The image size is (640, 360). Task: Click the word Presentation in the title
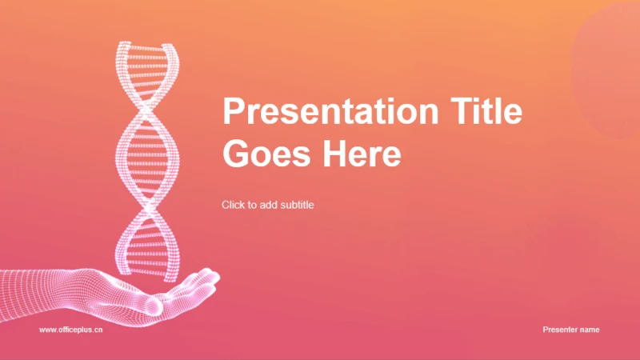click(x=330, y=110)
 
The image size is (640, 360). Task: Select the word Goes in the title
click(x=267, y=154)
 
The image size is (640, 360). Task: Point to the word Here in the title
click(x=362, y=154)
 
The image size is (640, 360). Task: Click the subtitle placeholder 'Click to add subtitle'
click(x=268, y=205)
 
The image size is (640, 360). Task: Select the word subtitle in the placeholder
click(x=297, y=205)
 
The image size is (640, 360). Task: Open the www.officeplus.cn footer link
click(x=71, y=330)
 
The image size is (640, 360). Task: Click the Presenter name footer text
click(x=571, y=330)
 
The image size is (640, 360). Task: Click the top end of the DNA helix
click(x=147, y=45)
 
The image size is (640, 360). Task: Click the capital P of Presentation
click(x=233, y=110)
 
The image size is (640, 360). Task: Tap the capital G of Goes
click(x=235, y=154)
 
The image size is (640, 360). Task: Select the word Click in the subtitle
click(x=232, y=205)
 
